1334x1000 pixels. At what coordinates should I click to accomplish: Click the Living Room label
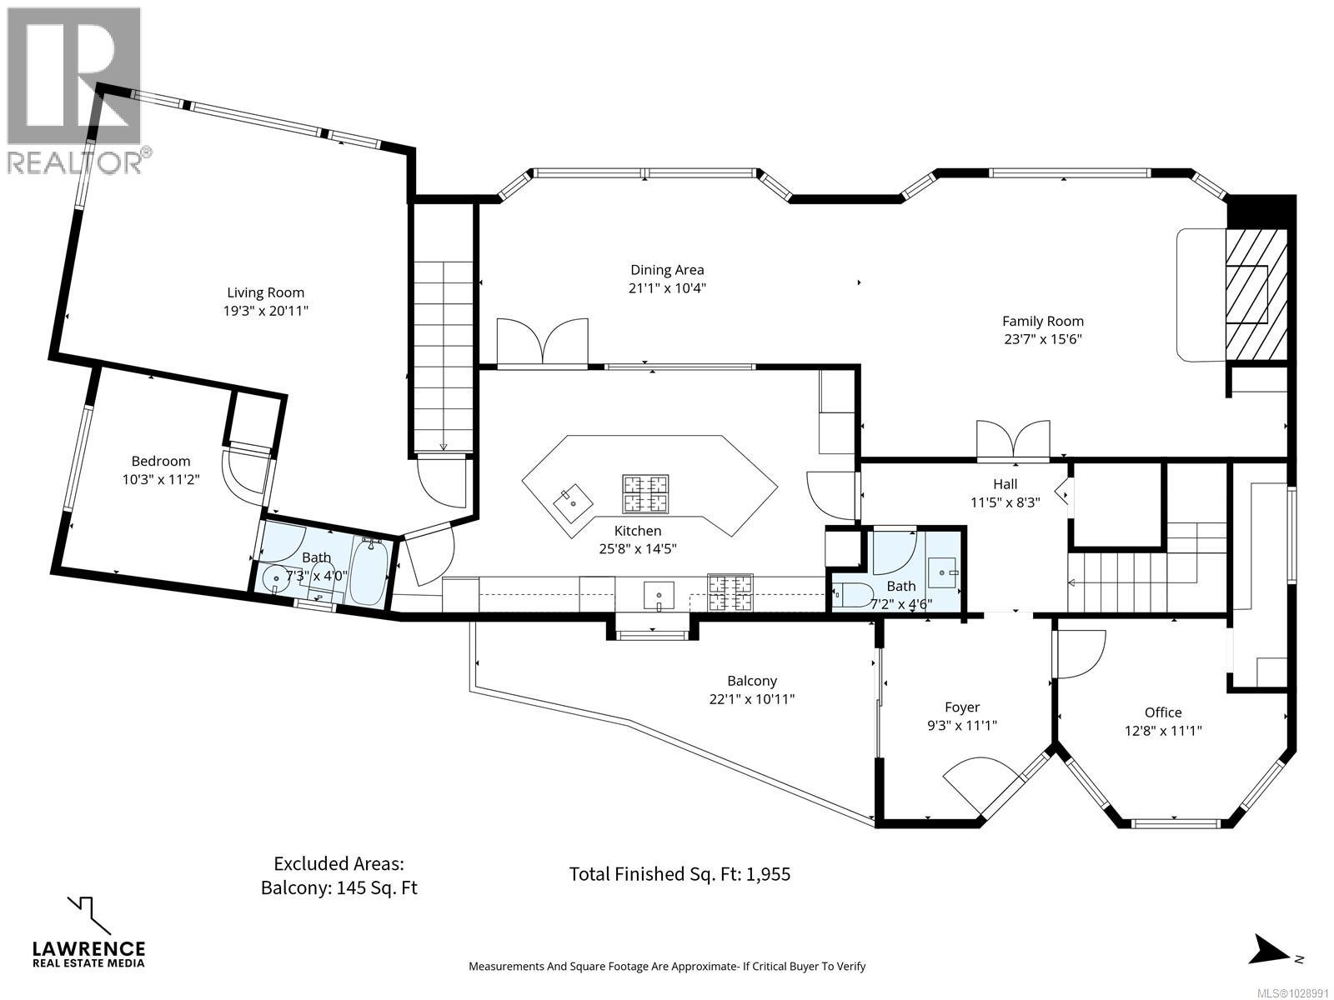coord(266,292)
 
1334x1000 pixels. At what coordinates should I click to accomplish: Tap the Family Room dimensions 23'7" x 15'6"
coord(1043,339)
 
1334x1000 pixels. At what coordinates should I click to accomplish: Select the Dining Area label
coord(667,269)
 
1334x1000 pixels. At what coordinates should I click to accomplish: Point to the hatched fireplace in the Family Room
coord(1256,297)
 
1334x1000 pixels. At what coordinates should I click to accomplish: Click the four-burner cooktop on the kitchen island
coord(645,493)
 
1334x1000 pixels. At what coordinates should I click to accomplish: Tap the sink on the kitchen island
coord(573,502)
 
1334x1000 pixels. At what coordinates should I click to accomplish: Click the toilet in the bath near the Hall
coord(853,595)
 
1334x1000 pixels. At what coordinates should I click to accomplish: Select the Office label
coord(1163,712)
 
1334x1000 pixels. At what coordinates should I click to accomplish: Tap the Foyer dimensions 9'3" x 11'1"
coord(962,725)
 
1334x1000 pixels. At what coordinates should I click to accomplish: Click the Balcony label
coord(752,681)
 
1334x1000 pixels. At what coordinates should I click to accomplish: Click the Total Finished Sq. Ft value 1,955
coord(768,873)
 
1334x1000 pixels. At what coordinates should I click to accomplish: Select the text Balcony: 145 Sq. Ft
coord(339,887)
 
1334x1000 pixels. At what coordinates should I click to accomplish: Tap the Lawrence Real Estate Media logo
coord(88,933)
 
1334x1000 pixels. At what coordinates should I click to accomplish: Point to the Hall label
coord(1006,484)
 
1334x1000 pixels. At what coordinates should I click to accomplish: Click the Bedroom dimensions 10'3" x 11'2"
coord(161,480)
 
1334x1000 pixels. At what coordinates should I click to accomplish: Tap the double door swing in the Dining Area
coord(543,343)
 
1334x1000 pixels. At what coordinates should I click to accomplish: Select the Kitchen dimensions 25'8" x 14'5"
coord(638,549)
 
